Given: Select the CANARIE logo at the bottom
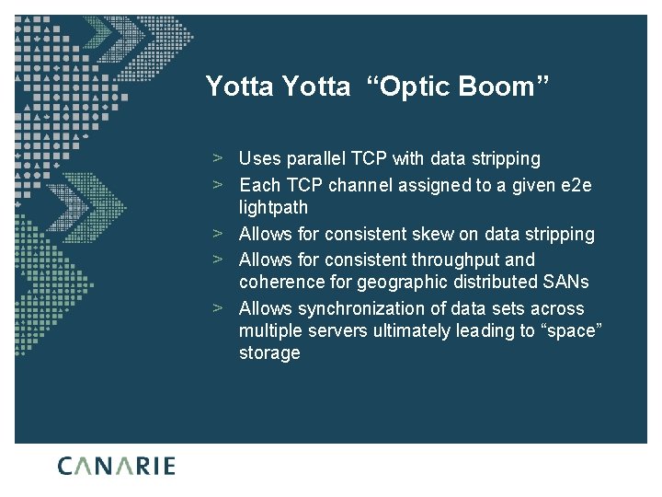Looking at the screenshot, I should pyautogui.click(x=117, y=466).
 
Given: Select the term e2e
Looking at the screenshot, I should pyautogui.click(x=576, y=185).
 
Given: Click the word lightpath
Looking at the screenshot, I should pyautogui.click(x=273, y=208).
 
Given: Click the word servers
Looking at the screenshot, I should pyautogui.click(x=341, y=331).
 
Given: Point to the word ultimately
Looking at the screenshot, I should pyautogui.click(x=411, y=331).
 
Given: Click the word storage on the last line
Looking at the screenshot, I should pyautogui.click(x=269, y=353).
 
